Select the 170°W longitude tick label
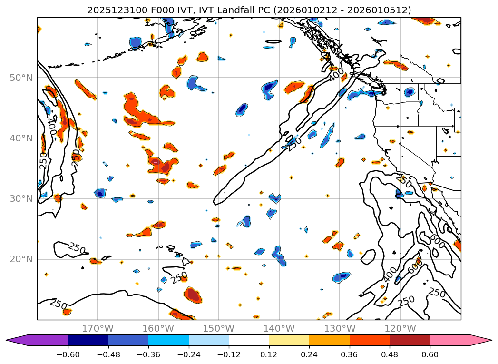(x=98, y=328)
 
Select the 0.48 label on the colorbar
(x=390, y=354)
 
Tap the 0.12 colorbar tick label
(x=269, y=354)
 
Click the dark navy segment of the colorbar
(x=88, y=340)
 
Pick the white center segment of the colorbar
(x=249, y=340)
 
